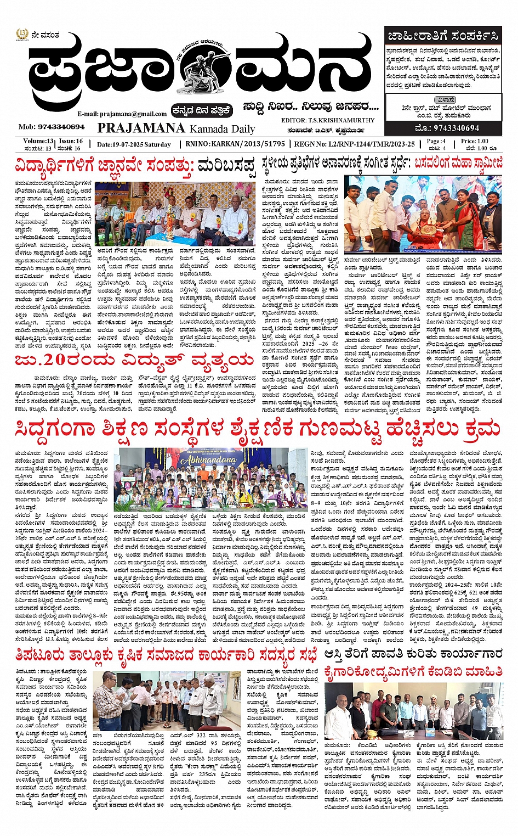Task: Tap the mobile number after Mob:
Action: tap(60, 127)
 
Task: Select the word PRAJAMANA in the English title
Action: tap(141, 128)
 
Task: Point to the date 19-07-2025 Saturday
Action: tap(134, 144)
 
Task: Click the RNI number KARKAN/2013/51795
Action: tap(242, 144)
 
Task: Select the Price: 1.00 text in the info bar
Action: tap(474, 141)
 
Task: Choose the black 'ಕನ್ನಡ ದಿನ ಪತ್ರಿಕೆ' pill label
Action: tap(202, 110)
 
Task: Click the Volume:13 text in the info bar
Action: tap(38, 141)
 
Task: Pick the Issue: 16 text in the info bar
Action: tap(71, 141)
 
